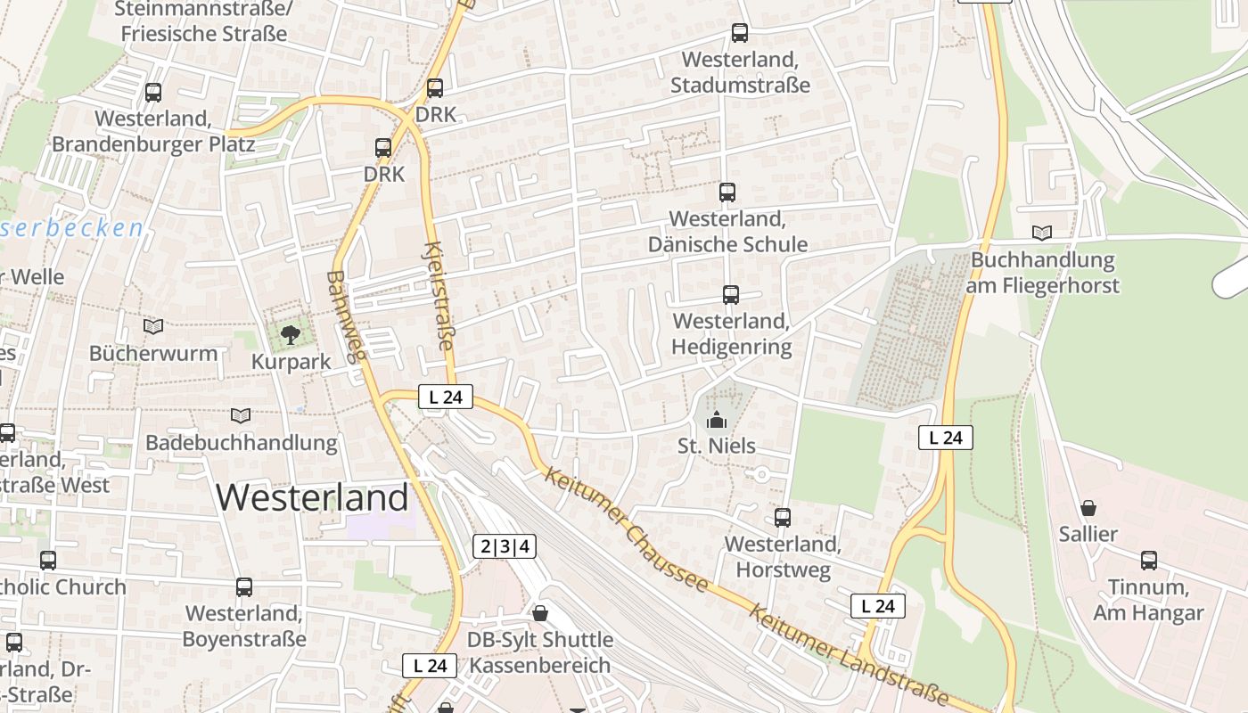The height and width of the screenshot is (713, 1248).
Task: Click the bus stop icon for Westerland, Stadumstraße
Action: point(739,33)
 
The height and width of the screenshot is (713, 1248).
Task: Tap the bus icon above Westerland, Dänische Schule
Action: point(727,192)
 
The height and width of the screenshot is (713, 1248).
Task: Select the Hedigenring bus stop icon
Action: point(731,294)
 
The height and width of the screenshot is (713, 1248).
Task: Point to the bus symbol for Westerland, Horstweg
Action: point(783,517)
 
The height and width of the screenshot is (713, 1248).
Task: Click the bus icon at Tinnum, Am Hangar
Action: point(1149,561)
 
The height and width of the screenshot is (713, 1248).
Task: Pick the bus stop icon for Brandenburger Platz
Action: point(153,92)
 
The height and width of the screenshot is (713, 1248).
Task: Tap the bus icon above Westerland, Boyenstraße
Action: point(244,587)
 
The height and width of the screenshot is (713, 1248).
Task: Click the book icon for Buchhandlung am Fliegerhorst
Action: point(1042,233)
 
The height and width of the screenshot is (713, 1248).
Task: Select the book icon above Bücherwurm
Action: point(153,326)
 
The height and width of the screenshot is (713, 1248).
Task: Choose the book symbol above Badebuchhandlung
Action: point(241,415)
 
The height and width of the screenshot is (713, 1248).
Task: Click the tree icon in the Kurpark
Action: point(290,335)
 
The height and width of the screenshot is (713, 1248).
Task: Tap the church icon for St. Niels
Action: point(717,419)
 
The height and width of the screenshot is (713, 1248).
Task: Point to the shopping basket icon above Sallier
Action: point(1088,508)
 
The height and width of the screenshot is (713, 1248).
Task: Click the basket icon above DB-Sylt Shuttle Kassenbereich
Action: point(539,613)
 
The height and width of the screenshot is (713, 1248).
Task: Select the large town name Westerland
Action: point(312,496)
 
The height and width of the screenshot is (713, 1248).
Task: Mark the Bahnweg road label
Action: point(347,316)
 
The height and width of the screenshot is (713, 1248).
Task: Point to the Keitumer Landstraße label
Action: point(847,654)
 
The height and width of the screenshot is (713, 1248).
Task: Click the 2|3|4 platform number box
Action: point(505,546)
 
